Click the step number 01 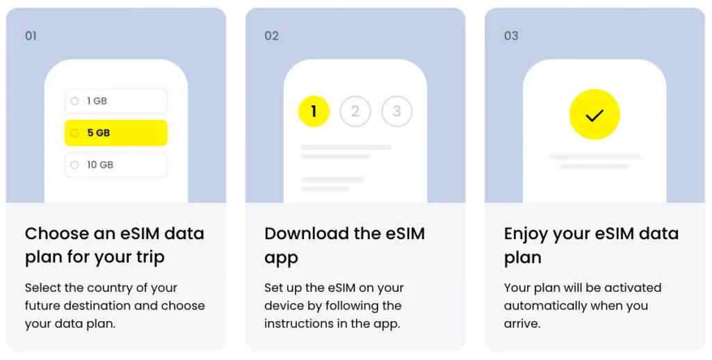coord(31,36)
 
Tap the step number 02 coord(272,36)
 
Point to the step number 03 coord(511,36)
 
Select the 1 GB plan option coord(116,101)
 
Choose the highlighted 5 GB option coord(116,133)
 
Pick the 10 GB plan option coord(116,165)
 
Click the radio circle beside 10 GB coord(74,165)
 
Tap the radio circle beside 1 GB coord(74,101)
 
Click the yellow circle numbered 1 coord(314,111)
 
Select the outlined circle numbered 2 coord(355,111)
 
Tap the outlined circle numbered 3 coord(397,111)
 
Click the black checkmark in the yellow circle coord(594,115)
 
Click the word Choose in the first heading coord(57,234)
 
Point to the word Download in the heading coord(307,234)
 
